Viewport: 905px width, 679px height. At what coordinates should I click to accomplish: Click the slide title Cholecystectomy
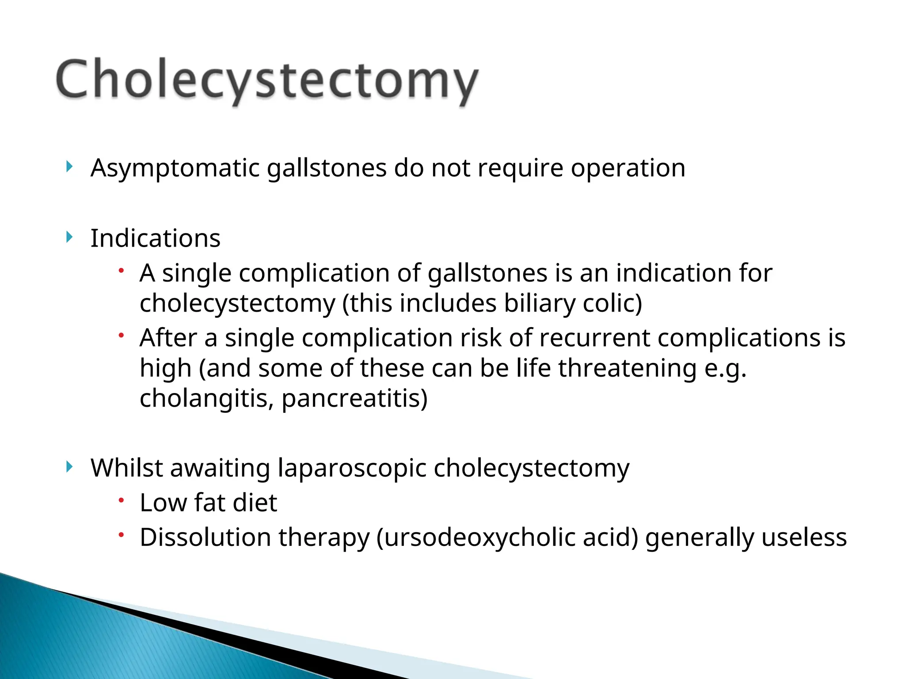(x=267, y=80)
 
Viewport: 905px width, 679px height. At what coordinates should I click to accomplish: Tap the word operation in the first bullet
(x=628, y=168)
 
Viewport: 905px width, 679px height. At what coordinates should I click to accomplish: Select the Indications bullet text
(x=155, y=239)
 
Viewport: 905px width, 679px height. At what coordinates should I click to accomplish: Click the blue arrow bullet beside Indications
(x=69, y=237)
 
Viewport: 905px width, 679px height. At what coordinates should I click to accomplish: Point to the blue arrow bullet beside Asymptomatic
(x=69, y=167)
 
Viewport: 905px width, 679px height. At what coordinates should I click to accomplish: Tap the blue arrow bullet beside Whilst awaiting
(x=69, y=466)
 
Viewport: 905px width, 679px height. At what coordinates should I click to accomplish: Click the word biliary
(x=539, y=304)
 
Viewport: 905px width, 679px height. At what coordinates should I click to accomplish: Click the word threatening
(x=627, y=368)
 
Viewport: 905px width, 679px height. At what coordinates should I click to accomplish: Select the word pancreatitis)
(x=354, y=398)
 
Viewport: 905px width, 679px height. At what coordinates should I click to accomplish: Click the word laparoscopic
(x=351, y=469)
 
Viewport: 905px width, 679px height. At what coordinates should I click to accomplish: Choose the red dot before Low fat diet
(x=121, y=500)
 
